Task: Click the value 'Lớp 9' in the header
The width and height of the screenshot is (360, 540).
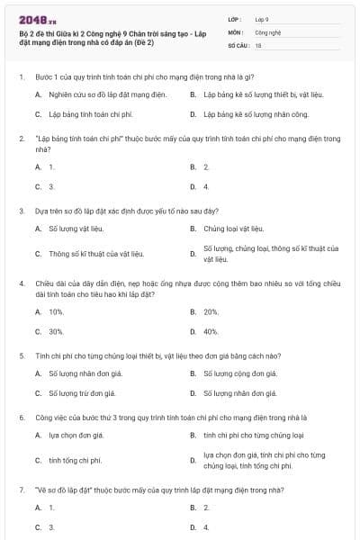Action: [262, 18]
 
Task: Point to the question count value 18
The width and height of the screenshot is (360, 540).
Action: [258, 44]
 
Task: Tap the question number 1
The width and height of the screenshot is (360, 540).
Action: [21, 77]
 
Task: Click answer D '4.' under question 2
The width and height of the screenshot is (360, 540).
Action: [206, 186]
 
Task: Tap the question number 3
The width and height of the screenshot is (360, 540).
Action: [21, 210]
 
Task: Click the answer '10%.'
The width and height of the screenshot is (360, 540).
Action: [56, 311]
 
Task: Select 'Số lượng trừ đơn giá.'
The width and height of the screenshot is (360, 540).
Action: [83, 393]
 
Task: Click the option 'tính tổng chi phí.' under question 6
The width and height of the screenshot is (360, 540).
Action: [75, 460]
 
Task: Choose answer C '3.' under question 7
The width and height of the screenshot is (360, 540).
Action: [51, 526]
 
